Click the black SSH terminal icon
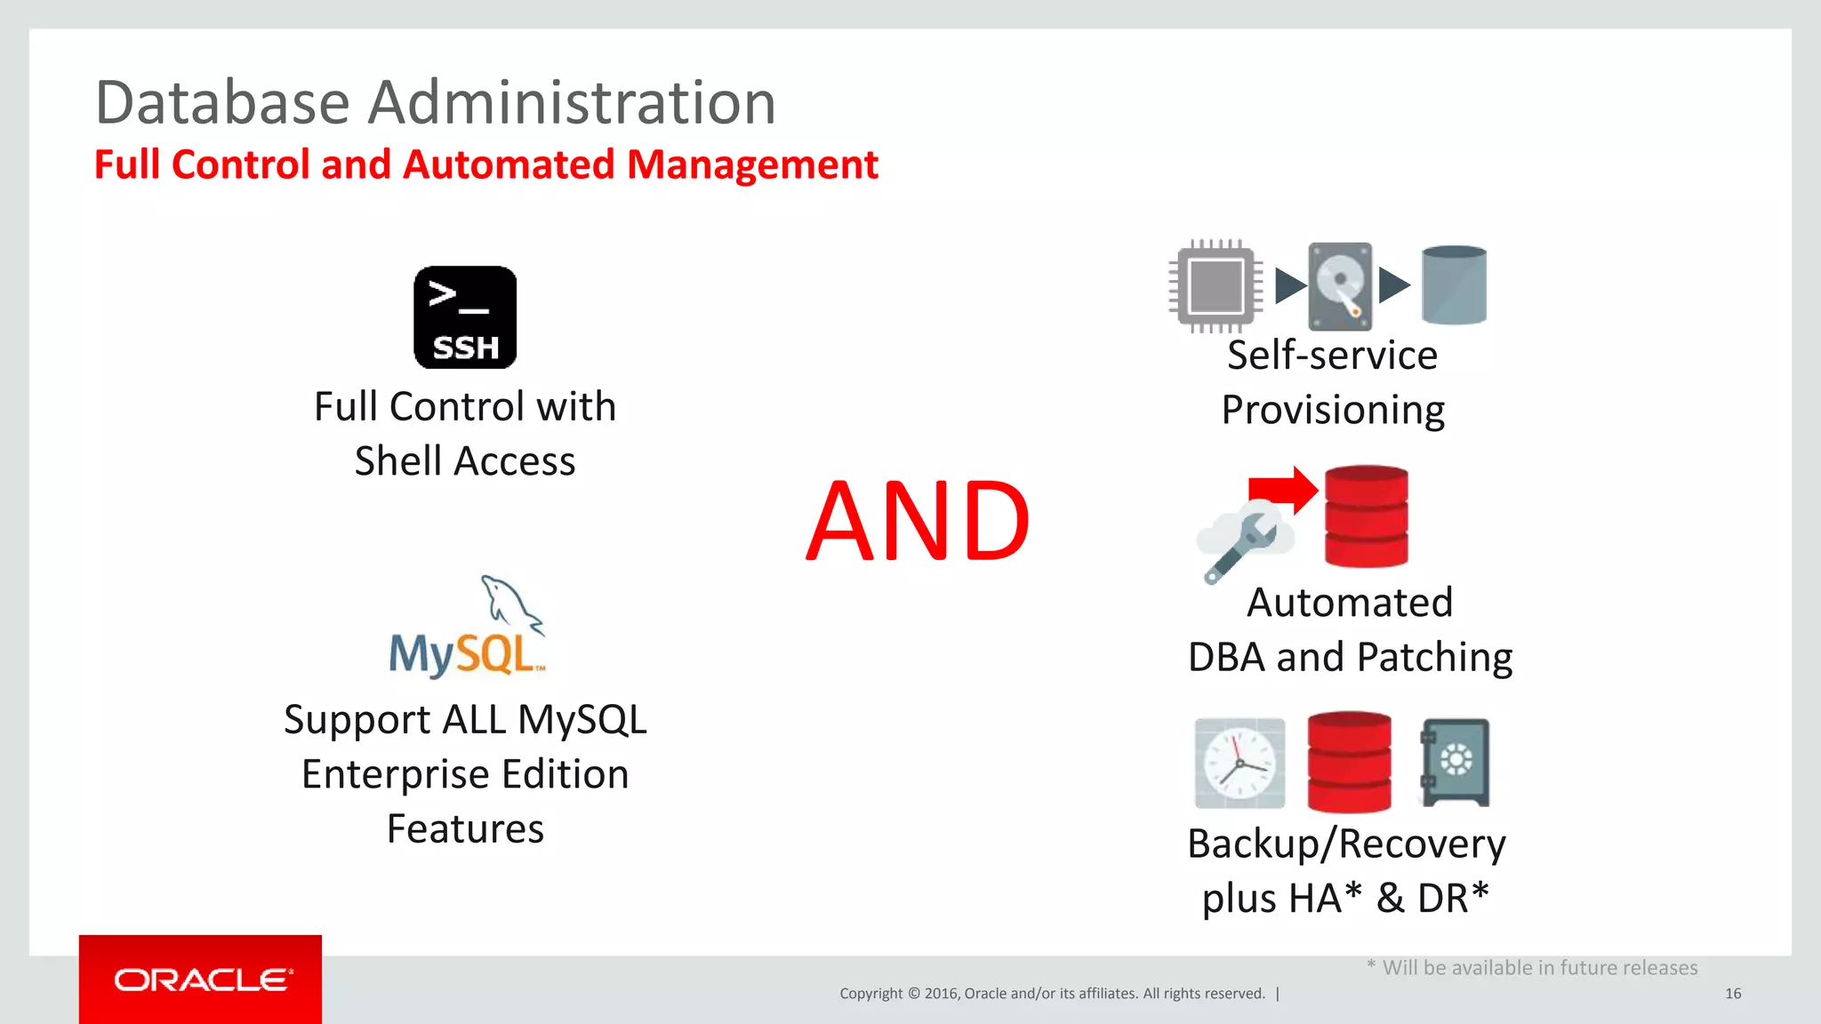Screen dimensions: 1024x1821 [465, 317]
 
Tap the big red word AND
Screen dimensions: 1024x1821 [918, 522]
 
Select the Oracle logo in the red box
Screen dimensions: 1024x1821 [201, 980]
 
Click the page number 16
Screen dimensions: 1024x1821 [1732, 994]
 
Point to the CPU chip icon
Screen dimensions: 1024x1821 [1215, 286]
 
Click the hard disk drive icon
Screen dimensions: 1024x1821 [1340, 286]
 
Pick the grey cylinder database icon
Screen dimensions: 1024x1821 [1454, 285]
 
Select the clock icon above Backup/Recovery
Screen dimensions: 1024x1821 [1239, 764]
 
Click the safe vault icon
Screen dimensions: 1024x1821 [1455, 762]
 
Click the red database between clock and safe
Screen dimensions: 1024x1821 [1349, 762]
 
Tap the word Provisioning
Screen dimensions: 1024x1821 [1332, 411]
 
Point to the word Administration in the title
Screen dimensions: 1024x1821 [572, 102]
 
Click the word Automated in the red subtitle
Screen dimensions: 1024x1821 [509, 165]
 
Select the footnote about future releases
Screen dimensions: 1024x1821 [1532, 968]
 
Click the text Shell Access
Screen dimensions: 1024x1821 [465, 461]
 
